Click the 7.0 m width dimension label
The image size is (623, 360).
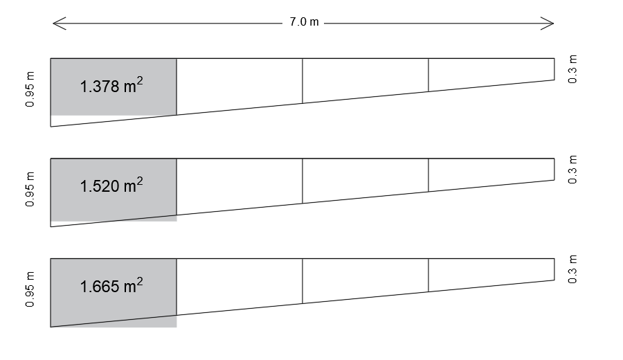304,22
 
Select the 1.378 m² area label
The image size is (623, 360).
111,85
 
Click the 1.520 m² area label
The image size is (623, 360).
111,185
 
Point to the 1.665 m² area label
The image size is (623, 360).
111,285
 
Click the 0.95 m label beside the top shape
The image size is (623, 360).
30,89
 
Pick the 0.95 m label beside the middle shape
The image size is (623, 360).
30,189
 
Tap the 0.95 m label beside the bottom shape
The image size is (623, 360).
30,289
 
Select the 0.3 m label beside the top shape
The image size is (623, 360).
572,69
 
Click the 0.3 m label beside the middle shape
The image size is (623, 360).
572,170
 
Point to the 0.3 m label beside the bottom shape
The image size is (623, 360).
572,269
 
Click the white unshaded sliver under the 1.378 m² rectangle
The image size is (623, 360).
80,120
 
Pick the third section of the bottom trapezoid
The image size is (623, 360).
365,278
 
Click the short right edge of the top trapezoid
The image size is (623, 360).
554,69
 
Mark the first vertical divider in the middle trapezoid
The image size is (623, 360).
177,187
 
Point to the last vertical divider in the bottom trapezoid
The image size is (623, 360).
428,276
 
